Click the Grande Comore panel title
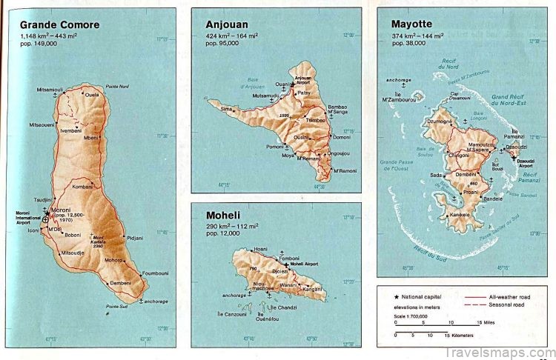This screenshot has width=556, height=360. click(60, 24)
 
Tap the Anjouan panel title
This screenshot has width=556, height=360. click(228, 24)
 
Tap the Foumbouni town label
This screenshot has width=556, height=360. click(155, 273)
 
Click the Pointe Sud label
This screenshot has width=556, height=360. click(117, 306)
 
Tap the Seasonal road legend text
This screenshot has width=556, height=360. click(509, 304)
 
